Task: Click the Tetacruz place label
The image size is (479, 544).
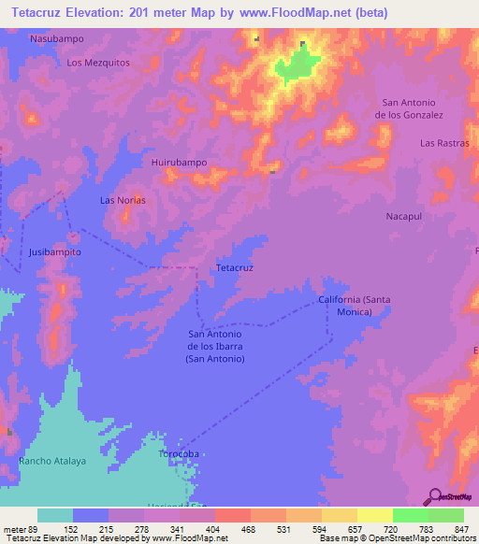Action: tap(235, 267)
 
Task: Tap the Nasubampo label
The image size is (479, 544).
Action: tap(57, 39)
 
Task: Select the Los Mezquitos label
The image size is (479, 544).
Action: tap(97, 63)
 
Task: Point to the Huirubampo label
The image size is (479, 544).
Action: tap(179, 162)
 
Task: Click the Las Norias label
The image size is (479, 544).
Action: tap(123, 200)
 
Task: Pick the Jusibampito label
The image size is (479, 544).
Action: tap(55, 252)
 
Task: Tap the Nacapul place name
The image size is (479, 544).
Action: tap(405, 216)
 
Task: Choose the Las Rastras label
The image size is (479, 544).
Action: tap(443, 143)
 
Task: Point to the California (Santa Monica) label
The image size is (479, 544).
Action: tap(352, 305)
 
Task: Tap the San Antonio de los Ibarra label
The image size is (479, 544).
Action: tap(216, 346)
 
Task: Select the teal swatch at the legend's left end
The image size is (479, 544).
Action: tap(54, 515)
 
